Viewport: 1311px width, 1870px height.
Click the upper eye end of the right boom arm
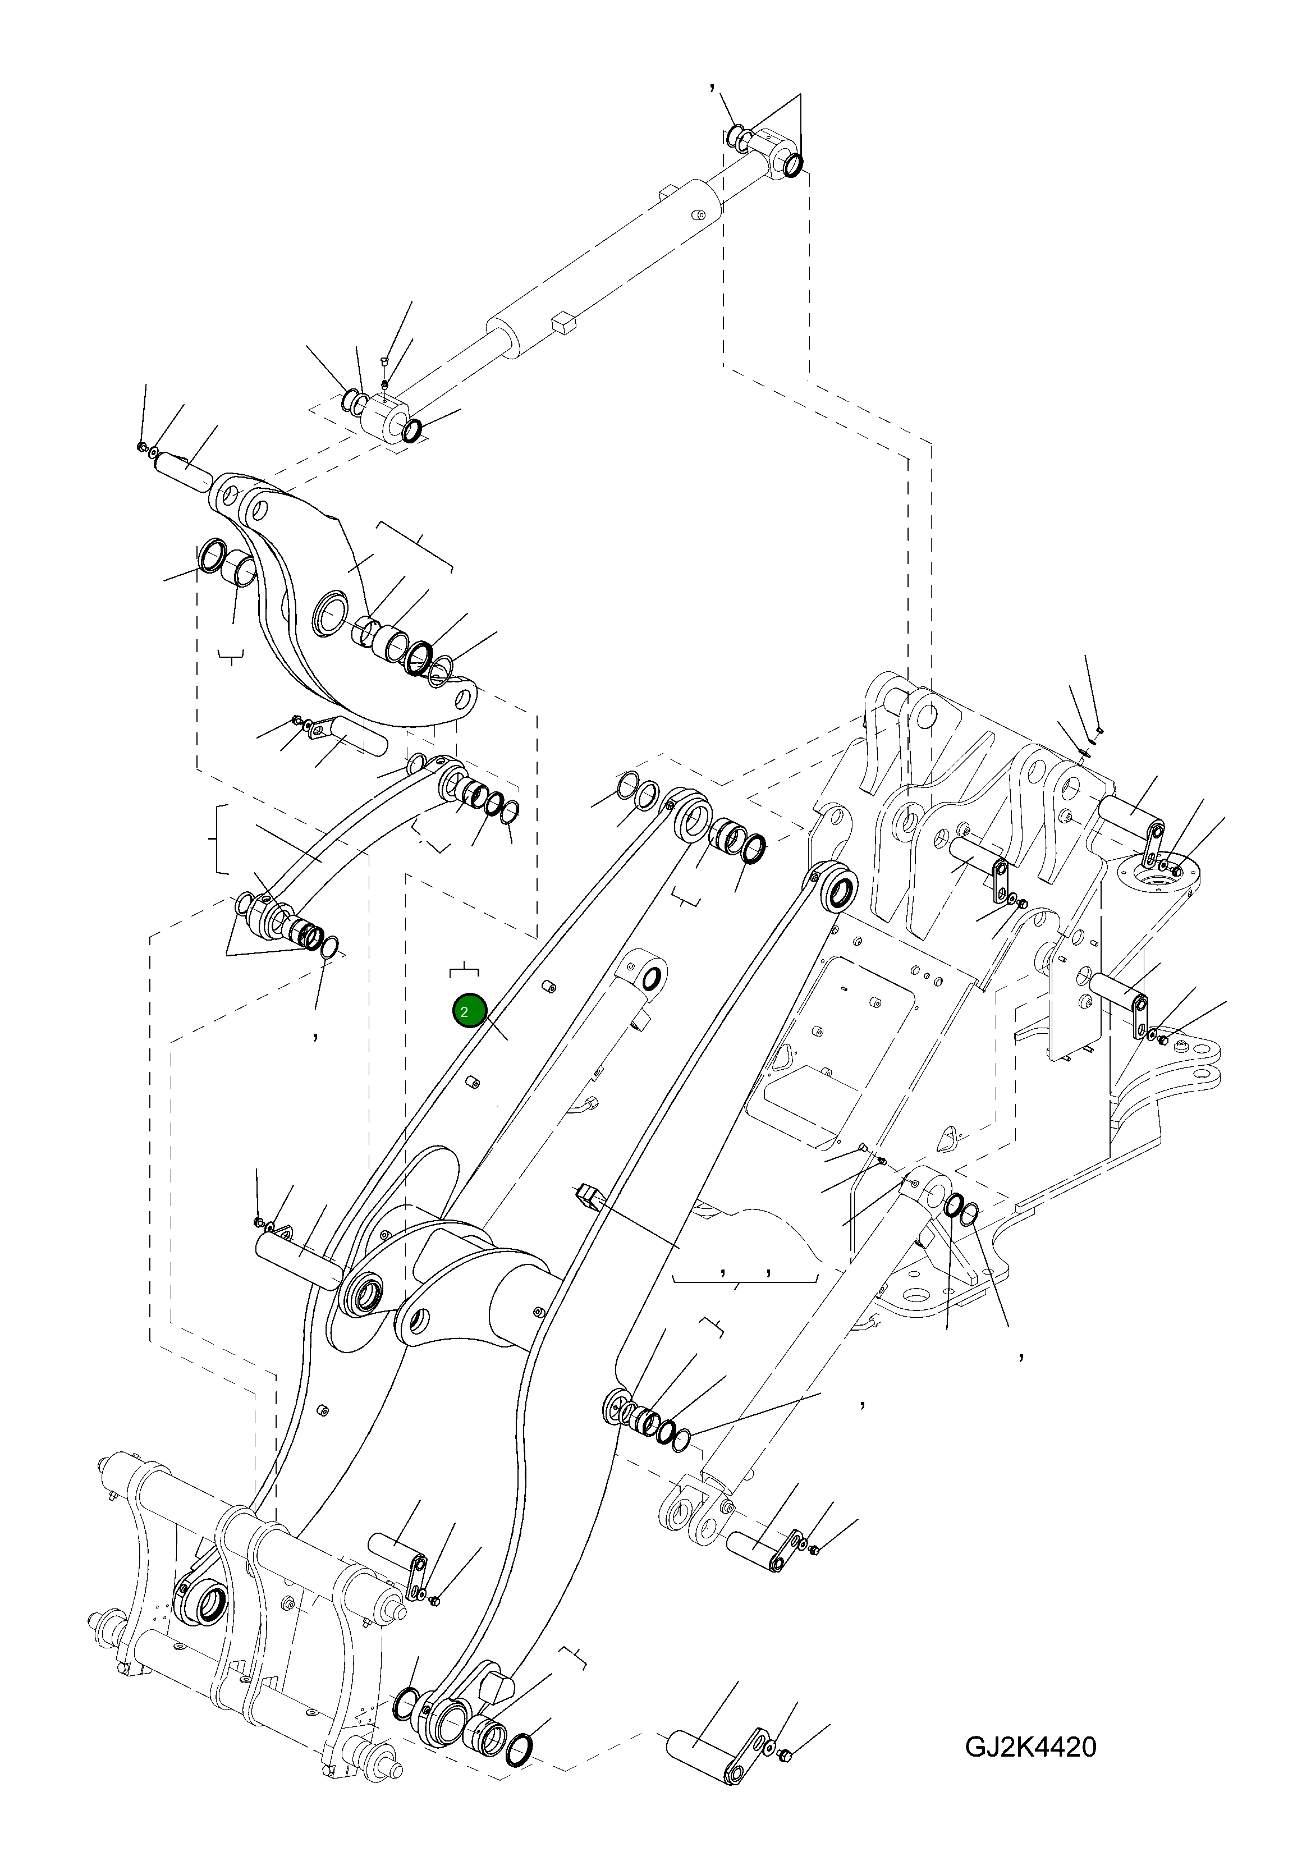point(840,890)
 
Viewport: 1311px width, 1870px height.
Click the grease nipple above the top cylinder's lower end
point(386,382)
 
